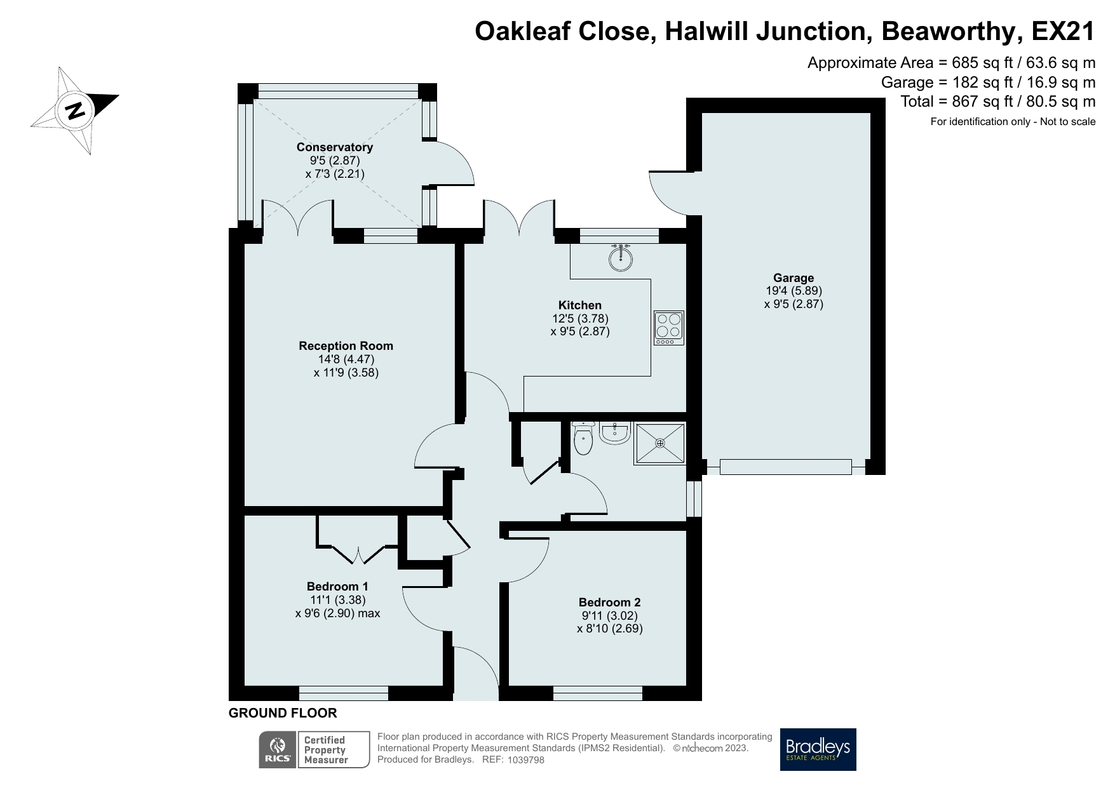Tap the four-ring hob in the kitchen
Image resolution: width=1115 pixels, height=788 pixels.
[669, 328]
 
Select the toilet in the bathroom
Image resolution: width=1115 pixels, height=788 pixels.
[583, 439]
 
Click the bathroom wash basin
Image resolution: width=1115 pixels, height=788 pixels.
[614, 433]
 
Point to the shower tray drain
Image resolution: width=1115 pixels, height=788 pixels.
[661, 443]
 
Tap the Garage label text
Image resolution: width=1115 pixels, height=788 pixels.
[793, 277]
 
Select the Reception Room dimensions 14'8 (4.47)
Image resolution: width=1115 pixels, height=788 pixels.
[346, 359]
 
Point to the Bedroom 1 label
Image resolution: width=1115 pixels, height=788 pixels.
[337, 586]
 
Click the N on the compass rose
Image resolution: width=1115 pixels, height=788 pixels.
[76, 110]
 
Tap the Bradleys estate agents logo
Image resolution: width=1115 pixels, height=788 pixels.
[818, 749]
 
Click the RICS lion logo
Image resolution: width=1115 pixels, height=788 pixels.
[278, 749]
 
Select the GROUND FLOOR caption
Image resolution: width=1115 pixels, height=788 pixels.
[283, 713]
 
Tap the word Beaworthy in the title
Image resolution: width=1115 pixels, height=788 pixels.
[951, 32]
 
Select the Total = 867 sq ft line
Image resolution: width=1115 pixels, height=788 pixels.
[997, 102]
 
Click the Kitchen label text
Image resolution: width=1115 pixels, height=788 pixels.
[579, 305]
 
